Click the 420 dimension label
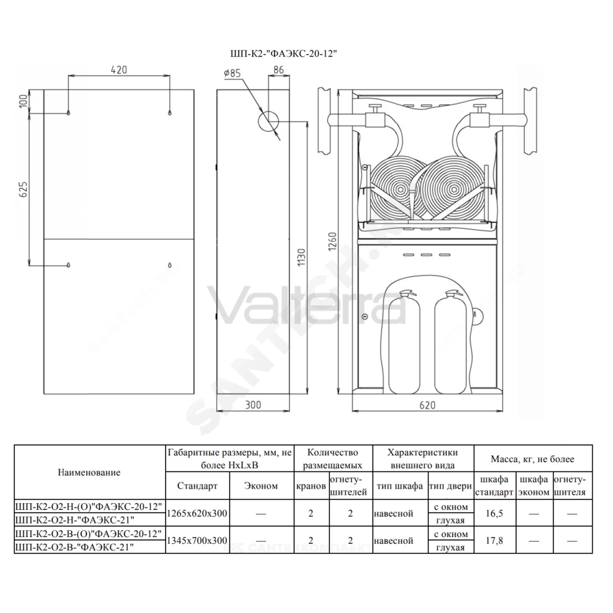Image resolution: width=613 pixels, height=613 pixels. [119, 70]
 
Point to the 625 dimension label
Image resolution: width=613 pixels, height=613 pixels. [23, 189]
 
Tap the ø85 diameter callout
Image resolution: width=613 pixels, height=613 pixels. [232, 73]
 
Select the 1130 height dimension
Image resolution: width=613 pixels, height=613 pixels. [302, 257]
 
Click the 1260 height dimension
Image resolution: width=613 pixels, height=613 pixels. [332, 241]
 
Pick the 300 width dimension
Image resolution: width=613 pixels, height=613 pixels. [253, 405]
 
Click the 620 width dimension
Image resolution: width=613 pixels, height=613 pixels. [427, 405]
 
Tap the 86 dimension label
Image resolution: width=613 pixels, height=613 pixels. [278, 70]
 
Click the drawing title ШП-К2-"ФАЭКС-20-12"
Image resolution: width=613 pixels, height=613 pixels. [283, 54]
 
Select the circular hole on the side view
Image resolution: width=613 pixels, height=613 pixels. [268, 121]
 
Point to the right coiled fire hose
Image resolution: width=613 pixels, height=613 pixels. [454, 189]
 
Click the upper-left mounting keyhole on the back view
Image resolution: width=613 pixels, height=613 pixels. [69, 113]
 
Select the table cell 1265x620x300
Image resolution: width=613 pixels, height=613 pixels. [197, 513]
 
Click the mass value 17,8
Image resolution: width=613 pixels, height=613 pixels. [494, 540]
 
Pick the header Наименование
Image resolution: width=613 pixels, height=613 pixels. [89, 472]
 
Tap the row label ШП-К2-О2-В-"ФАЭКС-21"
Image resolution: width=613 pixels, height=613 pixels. [74, 547]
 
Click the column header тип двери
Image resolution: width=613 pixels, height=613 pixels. [451, 486]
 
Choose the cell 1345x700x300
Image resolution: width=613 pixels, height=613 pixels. [197, 540]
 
